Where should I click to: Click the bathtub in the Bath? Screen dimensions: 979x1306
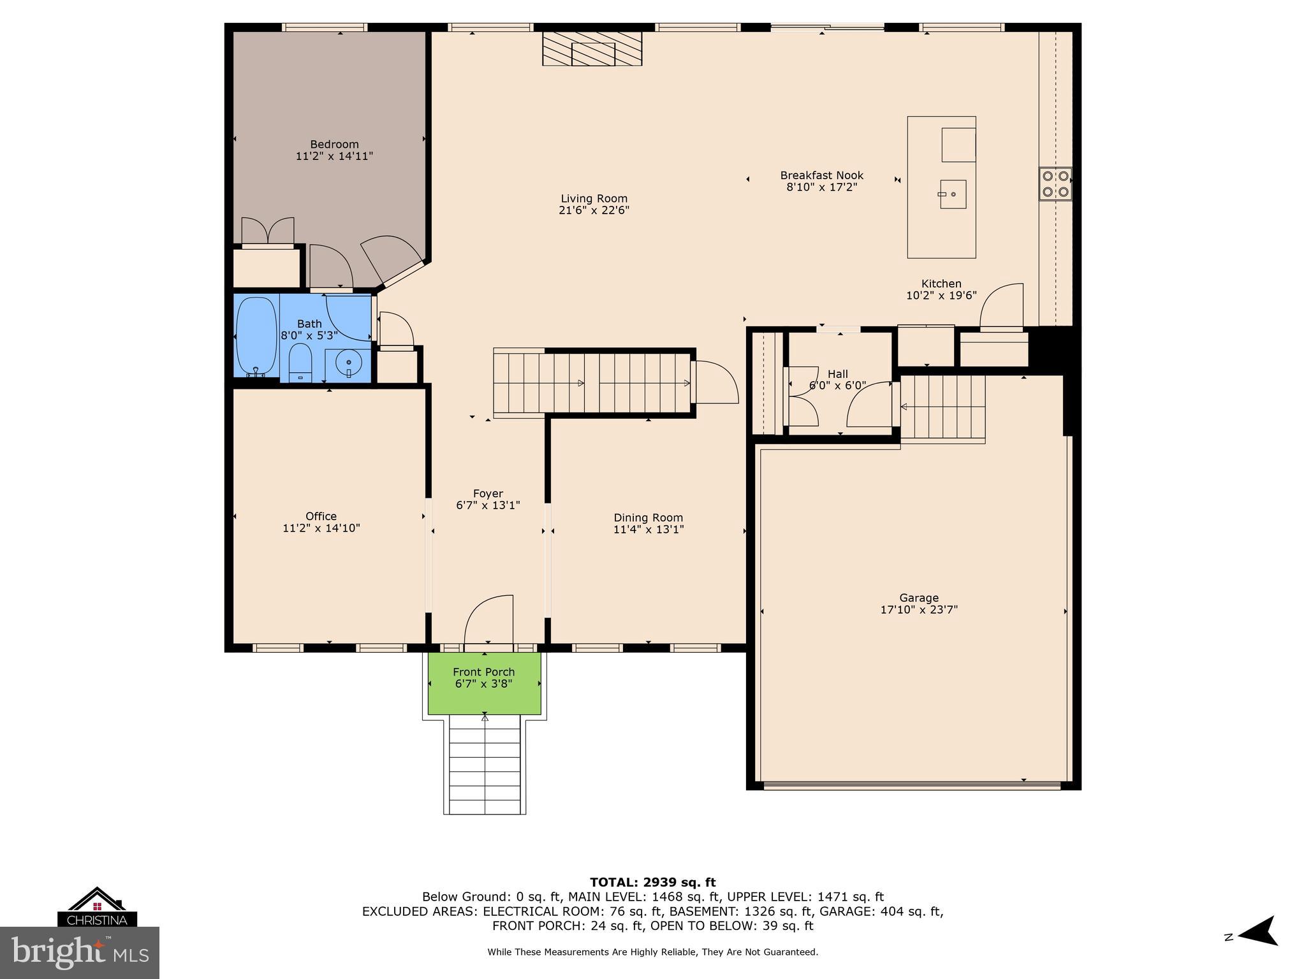click(256, 336)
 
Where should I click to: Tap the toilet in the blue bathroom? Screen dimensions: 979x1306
click(299, 363)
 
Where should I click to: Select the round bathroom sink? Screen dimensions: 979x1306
click(348, 363)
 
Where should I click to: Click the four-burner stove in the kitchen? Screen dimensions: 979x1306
click(1055, 184)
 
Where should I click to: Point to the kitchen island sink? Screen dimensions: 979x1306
click(952, 194)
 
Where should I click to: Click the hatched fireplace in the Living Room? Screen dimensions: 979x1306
click(592, 48)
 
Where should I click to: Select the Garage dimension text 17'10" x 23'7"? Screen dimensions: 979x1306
click(918, 609)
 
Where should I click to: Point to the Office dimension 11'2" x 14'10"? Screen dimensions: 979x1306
click(321, 528)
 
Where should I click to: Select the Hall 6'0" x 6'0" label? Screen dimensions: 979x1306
click(837, 380)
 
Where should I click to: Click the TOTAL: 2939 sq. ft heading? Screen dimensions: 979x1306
click(652, 882)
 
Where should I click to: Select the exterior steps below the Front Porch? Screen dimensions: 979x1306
click(485, 765)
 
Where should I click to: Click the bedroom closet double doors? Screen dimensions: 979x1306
click(268, 231)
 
